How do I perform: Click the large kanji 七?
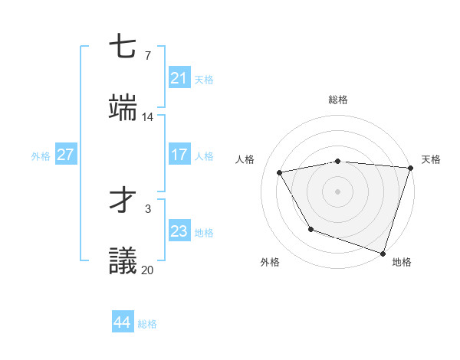pos(123,47)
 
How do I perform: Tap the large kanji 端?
pos(123,108)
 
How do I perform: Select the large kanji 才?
pos(123,200)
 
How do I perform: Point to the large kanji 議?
pos(123,261)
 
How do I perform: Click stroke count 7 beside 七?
pos(147,55)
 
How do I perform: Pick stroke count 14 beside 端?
pos(148,117)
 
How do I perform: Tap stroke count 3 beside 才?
pos(147,208)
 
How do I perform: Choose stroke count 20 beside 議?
pos(148,270)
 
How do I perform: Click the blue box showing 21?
pos(179,78)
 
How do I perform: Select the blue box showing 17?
pos(179,155)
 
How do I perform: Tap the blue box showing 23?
pos(179,231)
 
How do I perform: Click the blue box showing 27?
pos(65,155)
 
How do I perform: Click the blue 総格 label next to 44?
pos(147,324)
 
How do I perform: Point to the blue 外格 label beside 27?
pos(41,155)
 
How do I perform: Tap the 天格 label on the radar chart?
pos(431,159)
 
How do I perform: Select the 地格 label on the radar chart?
pos(402,262)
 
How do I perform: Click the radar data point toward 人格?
pos(280,173)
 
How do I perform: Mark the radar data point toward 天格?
pos(410,168)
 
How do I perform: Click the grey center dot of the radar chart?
pos(337,191)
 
